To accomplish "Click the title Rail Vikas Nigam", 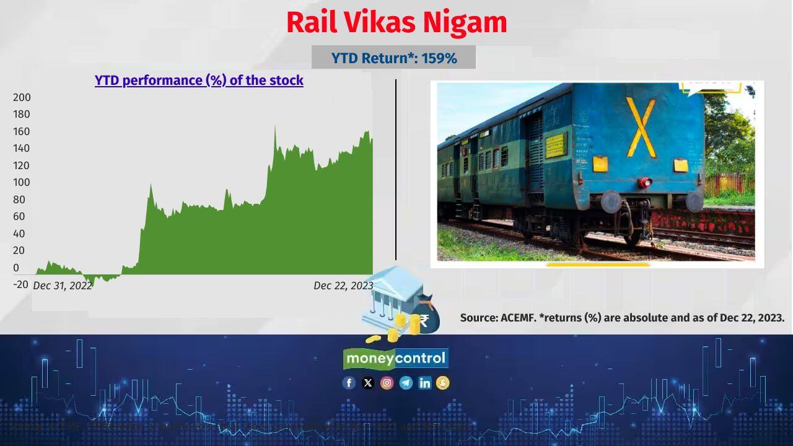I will click(x=396, y=23).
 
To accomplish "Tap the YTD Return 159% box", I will click(x=393, y=58).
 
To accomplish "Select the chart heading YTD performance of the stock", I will click(x=199, y=81).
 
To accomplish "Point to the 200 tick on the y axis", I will click(x=22, y=97).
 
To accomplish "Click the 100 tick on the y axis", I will click(x=22, y=182).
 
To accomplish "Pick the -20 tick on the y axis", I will click(x=21, y=284).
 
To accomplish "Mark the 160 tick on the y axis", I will click(x=22, y=131).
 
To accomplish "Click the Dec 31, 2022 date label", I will click(x=62, y=286).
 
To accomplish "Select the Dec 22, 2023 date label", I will click(x=343, y=286).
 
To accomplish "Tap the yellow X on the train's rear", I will click(x=641, y=127).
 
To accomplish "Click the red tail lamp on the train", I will click(x=646, y=182).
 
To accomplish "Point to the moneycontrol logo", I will click(x=396, y=358).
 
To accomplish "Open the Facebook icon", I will click(x=349, y=383).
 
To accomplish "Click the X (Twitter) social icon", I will click(x=368, y=383).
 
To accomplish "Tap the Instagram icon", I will click(x=387, y=383).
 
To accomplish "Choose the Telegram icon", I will click(x=406, y=383).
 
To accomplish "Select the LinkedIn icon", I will click(x=424, y=383).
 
